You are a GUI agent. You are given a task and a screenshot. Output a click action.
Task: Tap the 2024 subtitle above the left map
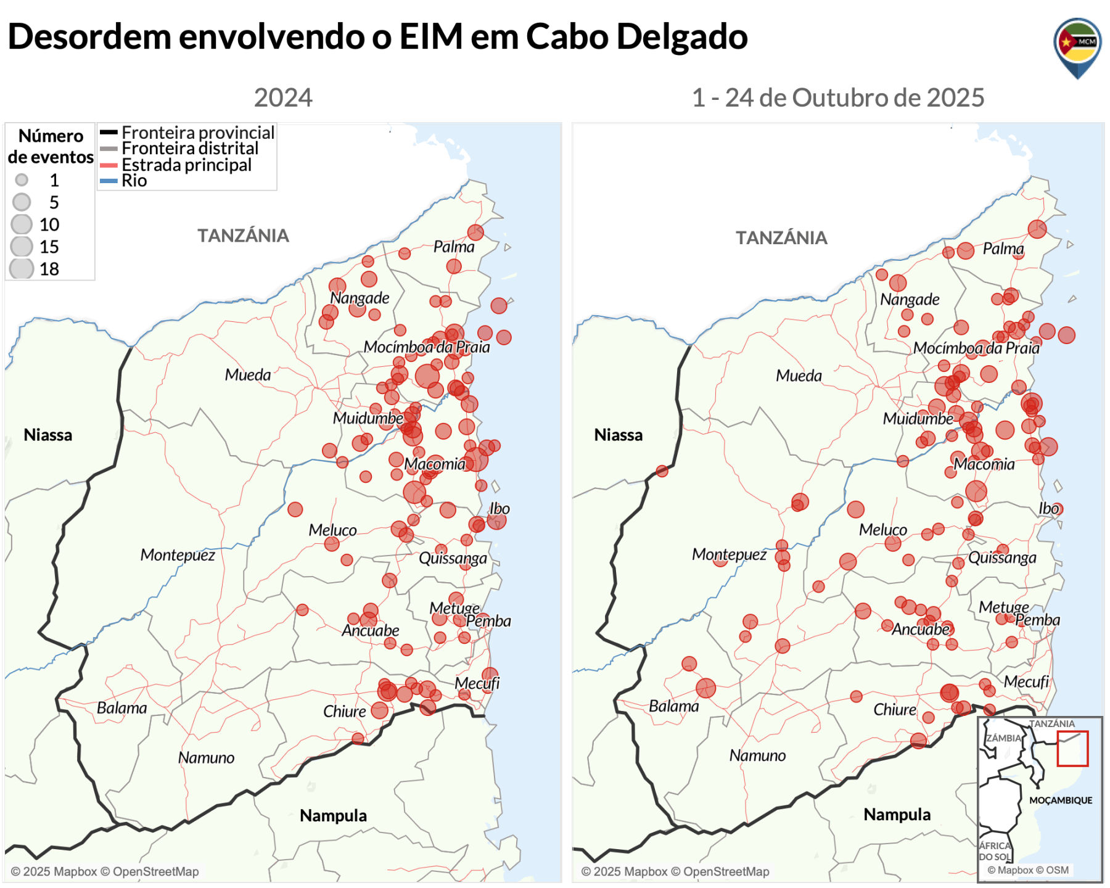283,98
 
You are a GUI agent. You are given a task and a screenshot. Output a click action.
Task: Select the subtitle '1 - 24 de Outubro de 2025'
837,98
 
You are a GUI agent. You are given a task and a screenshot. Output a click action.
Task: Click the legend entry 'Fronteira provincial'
197,133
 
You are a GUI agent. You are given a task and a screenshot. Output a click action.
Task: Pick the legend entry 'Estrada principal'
186,165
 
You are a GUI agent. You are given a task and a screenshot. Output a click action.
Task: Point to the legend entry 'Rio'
134,181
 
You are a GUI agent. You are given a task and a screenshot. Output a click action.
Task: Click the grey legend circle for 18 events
22,269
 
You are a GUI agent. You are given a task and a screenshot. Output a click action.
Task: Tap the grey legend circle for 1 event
22,180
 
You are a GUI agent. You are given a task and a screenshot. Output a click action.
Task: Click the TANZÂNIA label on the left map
243,236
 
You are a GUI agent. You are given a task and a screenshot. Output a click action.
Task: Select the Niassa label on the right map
618,435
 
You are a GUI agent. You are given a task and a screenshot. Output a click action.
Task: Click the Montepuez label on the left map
178,555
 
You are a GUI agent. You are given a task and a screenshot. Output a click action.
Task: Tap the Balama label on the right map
673,706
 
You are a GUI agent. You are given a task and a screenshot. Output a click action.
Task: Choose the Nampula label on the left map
333,816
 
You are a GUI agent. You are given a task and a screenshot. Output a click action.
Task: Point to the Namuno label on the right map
757,755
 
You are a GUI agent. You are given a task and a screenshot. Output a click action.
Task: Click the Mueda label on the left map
247,375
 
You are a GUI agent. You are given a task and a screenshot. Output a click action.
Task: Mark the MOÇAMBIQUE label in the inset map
1060,800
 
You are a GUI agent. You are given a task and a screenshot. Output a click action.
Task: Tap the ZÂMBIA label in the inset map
1003,738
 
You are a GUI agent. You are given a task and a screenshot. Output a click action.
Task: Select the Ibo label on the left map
499,509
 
